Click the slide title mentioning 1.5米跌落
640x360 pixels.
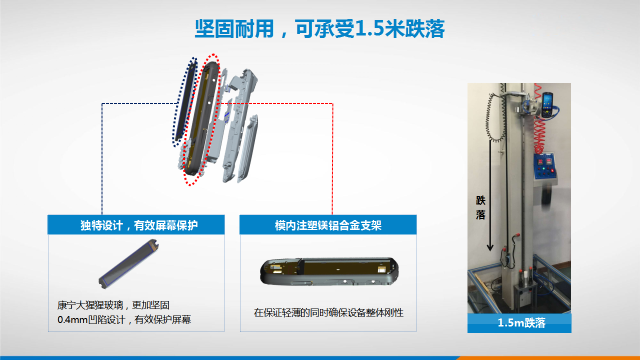319,29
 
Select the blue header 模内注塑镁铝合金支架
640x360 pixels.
328,225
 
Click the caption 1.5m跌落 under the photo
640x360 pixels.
521,323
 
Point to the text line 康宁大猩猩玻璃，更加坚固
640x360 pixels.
113,305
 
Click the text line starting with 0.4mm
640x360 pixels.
124,319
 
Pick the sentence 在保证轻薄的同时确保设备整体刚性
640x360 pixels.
328,312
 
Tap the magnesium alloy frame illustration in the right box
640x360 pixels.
329,271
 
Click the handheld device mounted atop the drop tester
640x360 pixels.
546,105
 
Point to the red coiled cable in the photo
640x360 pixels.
539,120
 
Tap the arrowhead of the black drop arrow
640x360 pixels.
490,248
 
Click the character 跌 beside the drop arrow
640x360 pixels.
480,200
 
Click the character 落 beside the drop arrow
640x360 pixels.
480,214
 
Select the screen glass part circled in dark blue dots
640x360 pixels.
185,101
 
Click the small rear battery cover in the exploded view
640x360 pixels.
247,148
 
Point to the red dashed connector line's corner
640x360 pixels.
332,103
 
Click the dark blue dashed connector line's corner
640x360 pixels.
102,103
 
